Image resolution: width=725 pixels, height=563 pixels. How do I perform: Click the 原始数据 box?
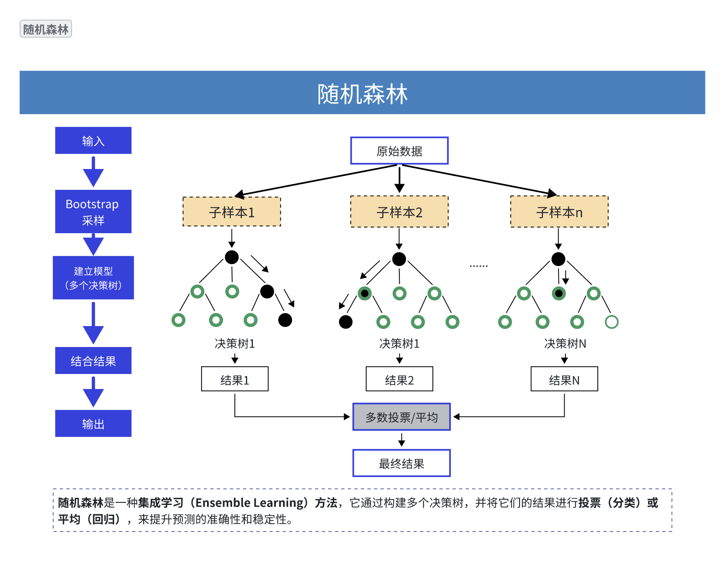399,151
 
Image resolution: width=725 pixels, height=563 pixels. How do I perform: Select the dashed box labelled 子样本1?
232,212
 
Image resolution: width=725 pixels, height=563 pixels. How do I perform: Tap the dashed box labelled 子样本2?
399,212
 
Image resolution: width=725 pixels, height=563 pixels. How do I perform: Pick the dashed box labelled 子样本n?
559,212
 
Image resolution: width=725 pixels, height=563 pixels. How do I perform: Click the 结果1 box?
234,379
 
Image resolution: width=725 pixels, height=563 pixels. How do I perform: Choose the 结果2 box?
399,379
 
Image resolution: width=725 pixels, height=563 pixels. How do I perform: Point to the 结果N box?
564,379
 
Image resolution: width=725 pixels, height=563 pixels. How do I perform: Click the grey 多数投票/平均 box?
401,417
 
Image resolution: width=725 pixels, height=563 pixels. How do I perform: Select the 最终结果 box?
401,463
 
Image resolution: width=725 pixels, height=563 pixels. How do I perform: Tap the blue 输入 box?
93,141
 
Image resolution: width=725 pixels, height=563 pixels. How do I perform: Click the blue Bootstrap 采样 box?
93,212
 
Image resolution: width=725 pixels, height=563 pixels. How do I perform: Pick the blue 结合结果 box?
93,360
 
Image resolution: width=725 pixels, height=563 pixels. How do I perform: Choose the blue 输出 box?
93,423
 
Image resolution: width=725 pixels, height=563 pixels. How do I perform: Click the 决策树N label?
565,343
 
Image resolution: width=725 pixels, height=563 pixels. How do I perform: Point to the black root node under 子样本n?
558,259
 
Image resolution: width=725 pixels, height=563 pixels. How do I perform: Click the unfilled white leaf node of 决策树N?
611,322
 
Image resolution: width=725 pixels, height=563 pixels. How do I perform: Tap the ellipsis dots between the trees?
478,266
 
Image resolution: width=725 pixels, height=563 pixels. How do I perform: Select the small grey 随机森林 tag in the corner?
46,29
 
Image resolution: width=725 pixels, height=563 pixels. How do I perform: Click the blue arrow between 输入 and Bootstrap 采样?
93,172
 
